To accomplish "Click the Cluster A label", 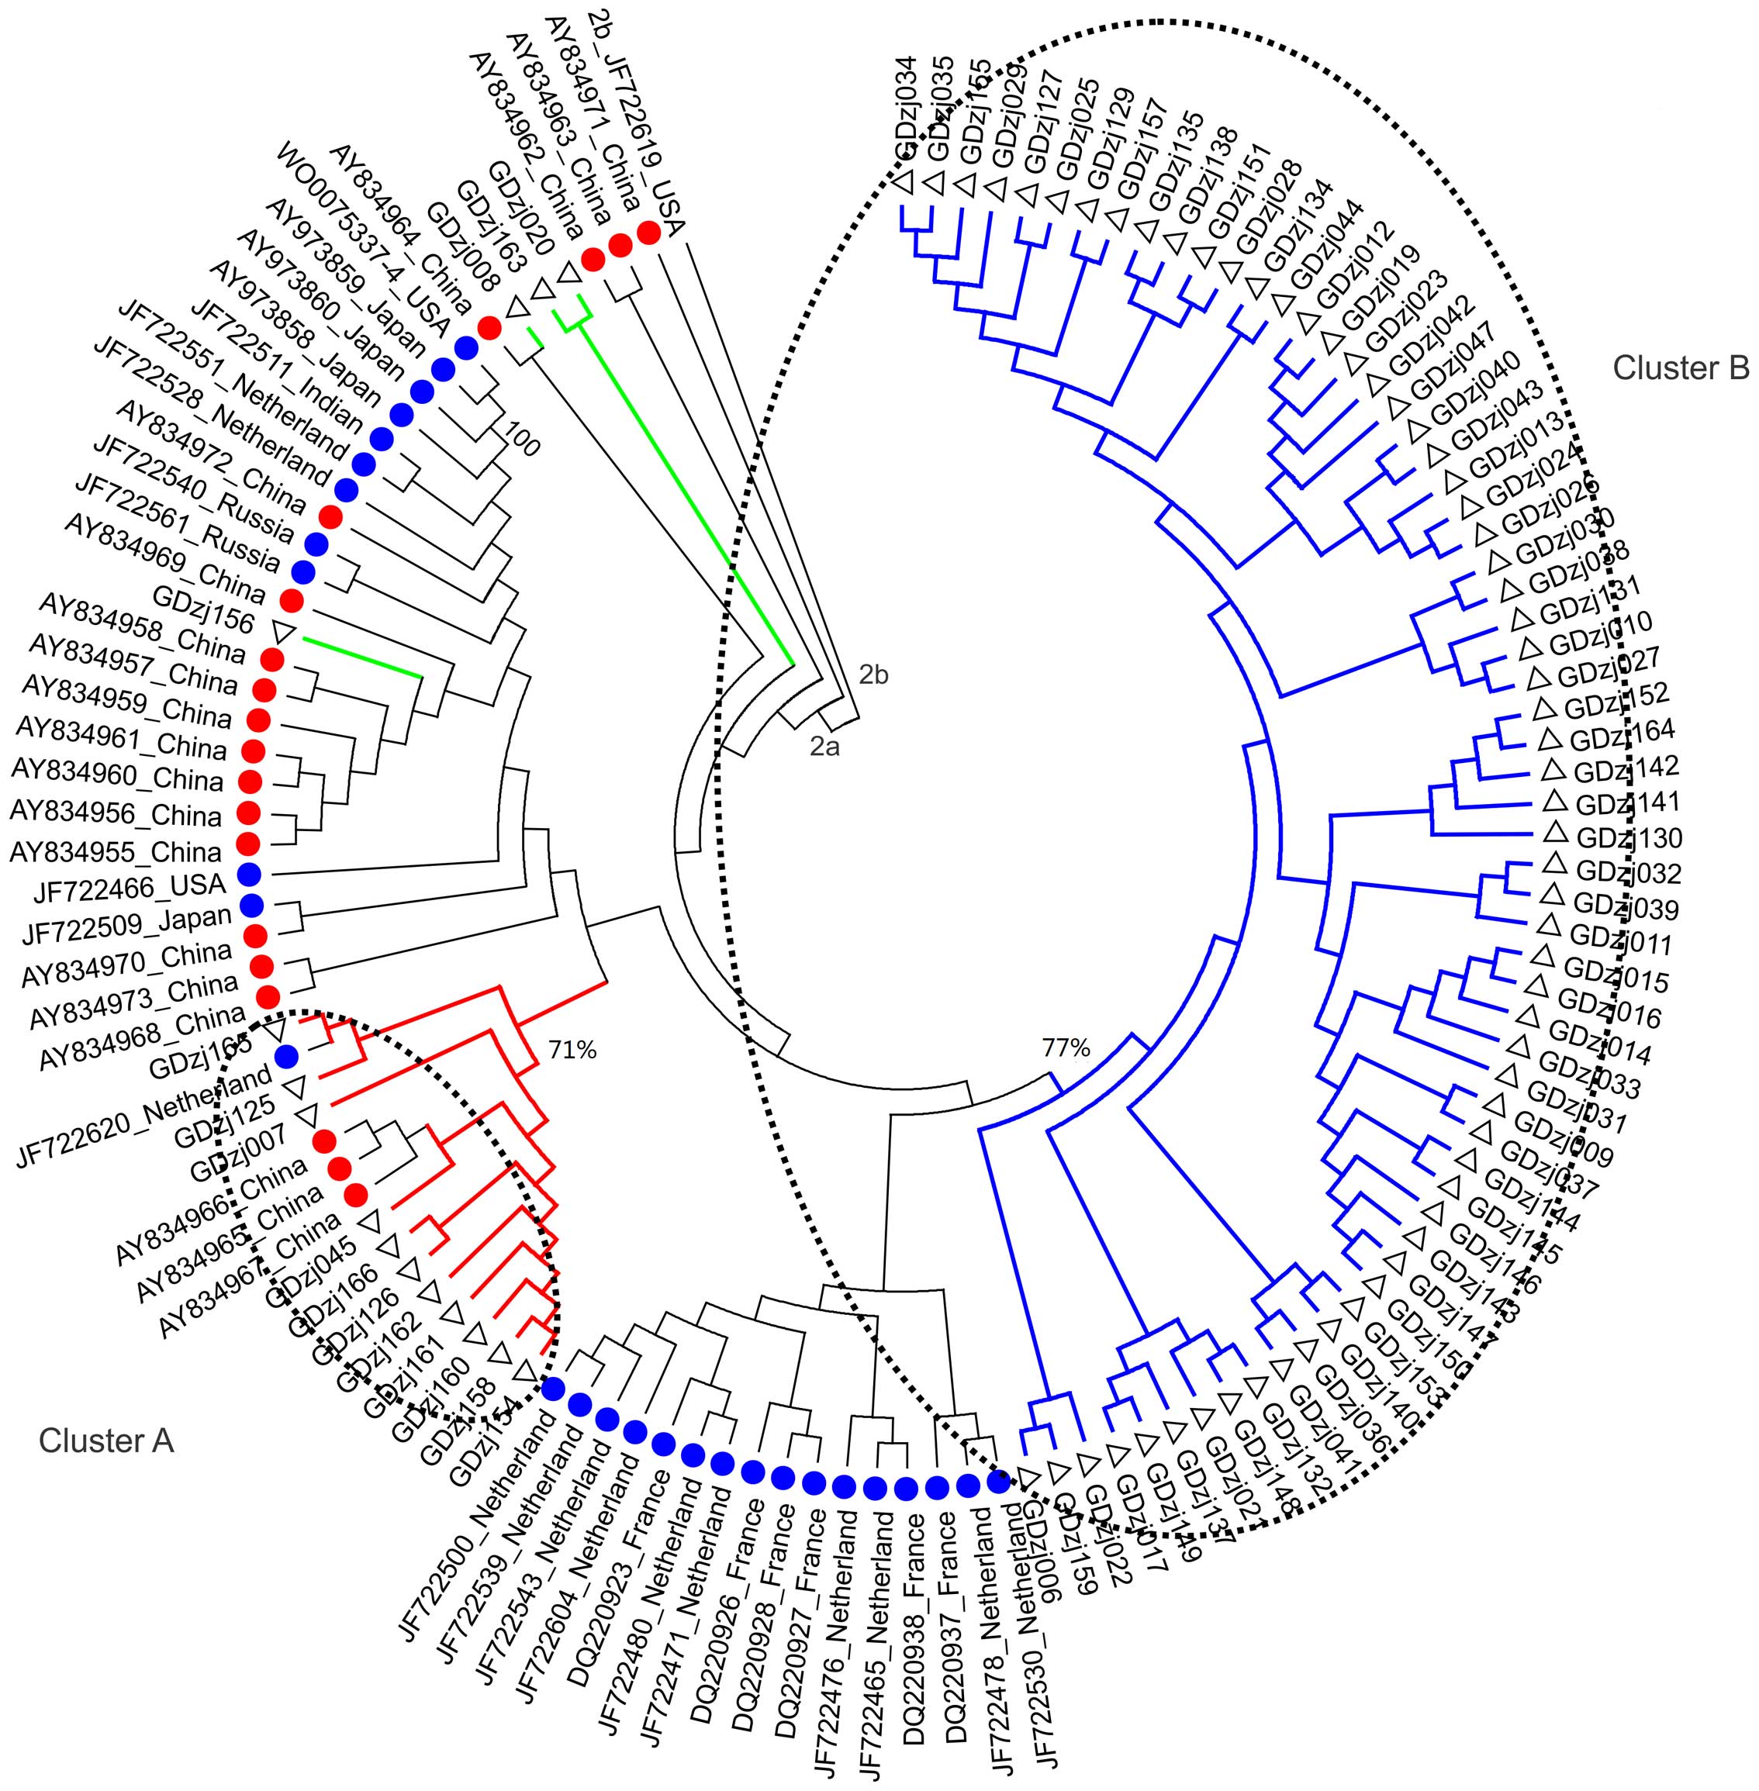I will click(105, 1439).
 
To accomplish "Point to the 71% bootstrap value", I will click(573, 1049).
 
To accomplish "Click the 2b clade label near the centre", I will click(873, 675).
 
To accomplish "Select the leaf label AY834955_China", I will click(116, 851).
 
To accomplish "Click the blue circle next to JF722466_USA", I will click(248, 873).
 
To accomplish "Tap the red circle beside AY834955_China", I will click(247, 842).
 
